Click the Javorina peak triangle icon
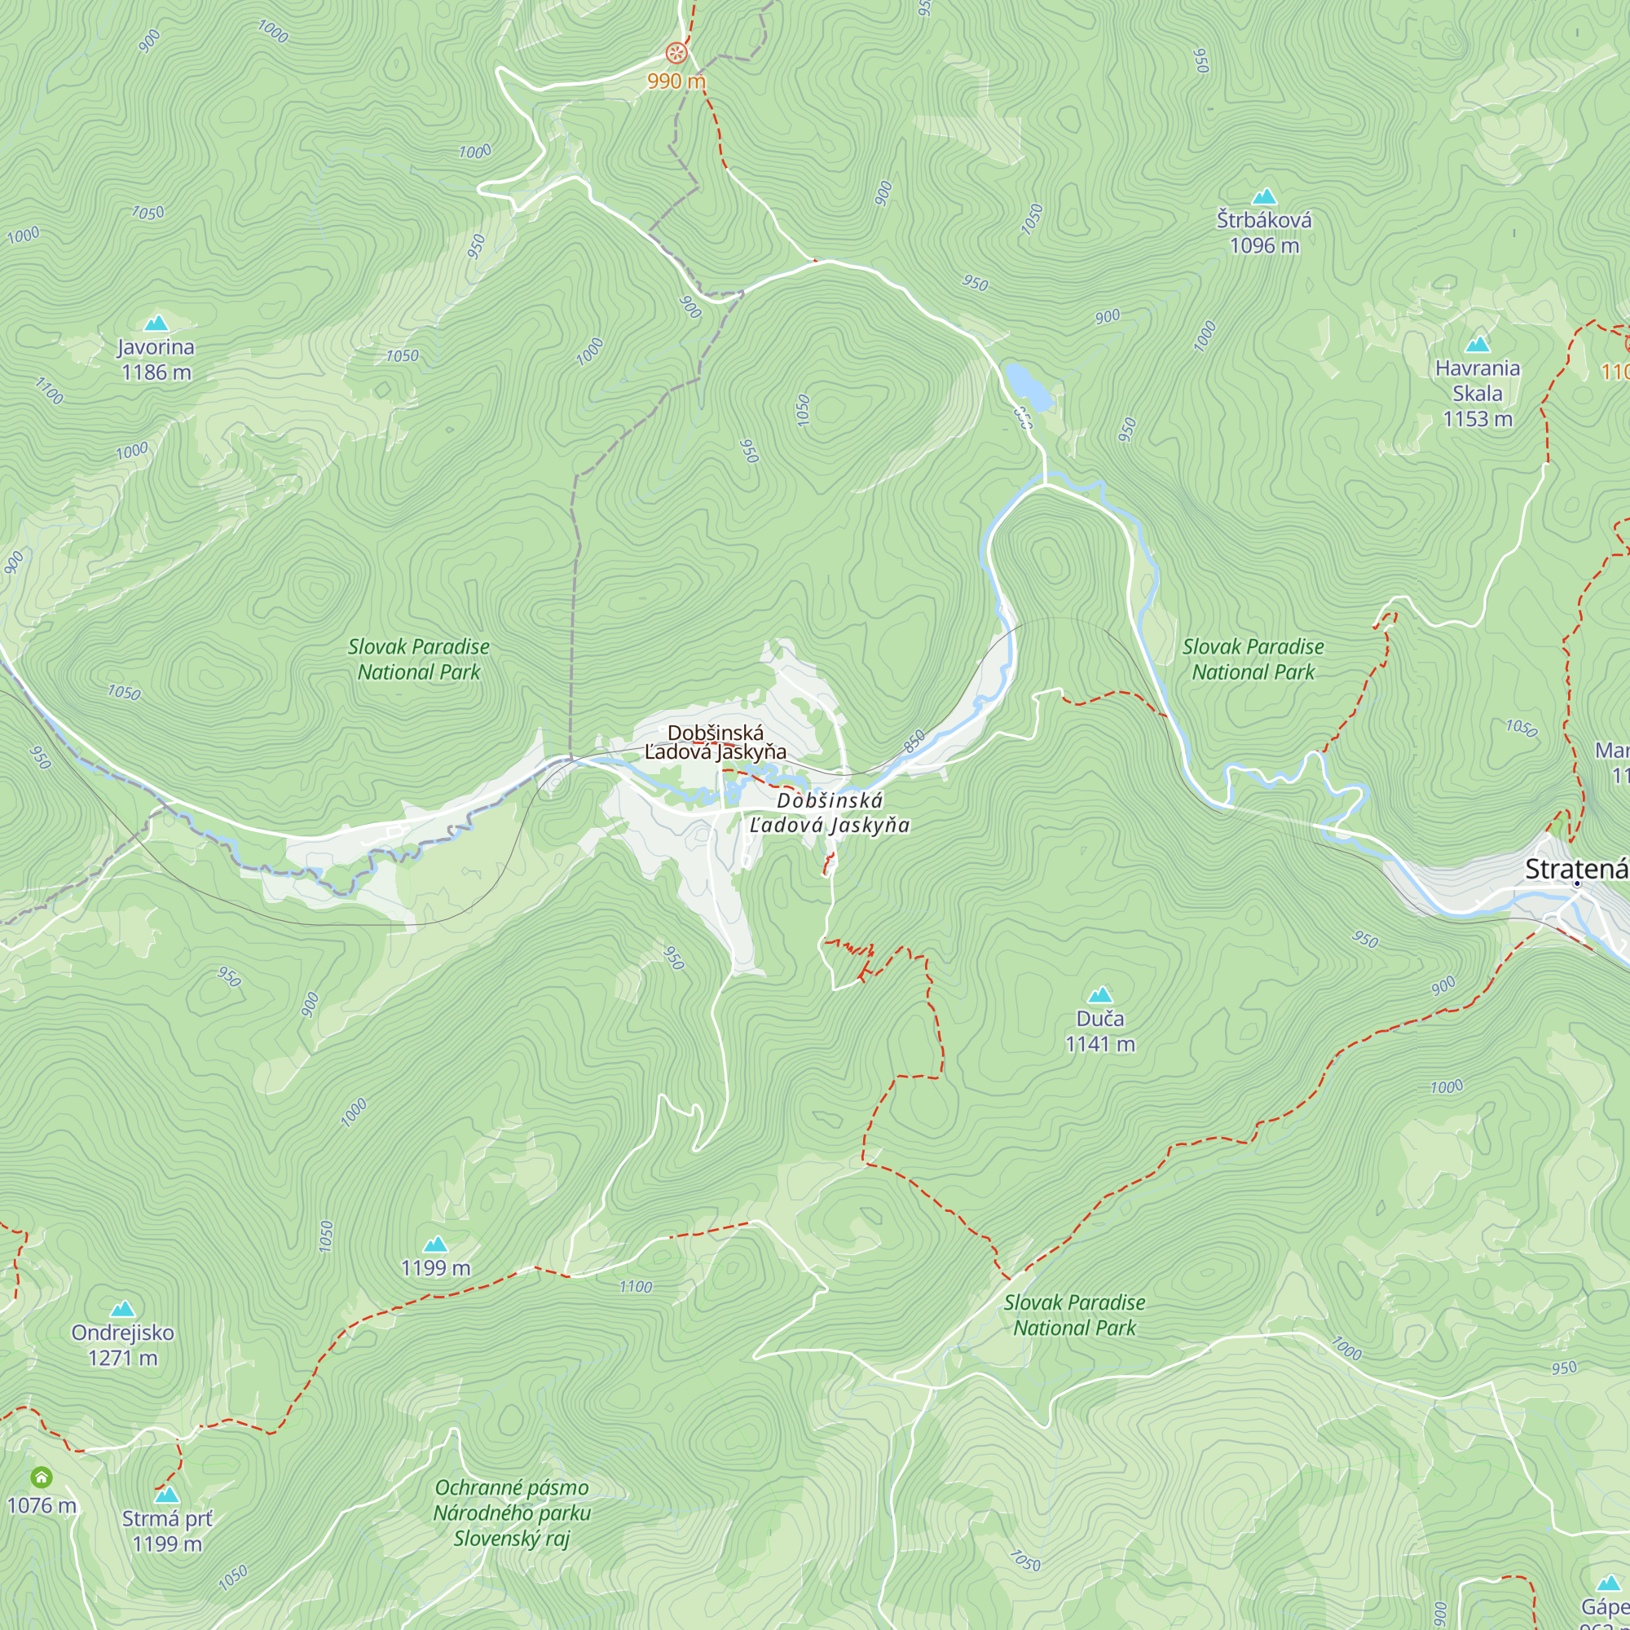156,323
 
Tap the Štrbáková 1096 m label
1264,233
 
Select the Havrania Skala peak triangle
1478,344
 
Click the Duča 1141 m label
1100,1031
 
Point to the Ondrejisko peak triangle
122,1309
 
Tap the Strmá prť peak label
167,1531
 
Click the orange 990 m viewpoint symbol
676,53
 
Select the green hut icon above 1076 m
42,1478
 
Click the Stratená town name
1575,869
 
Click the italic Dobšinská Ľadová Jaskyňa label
830,813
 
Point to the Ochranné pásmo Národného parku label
512,1513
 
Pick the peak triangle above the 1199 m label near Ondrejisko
435,1245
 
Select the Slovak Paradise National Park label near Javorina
418,659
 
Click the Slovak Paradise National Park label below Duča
1074,1315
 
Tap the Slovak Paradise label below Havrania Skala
1253,659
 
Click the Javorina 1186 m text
156,359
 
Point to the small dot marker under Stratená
1577,883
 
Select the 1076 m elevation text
42,1505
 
